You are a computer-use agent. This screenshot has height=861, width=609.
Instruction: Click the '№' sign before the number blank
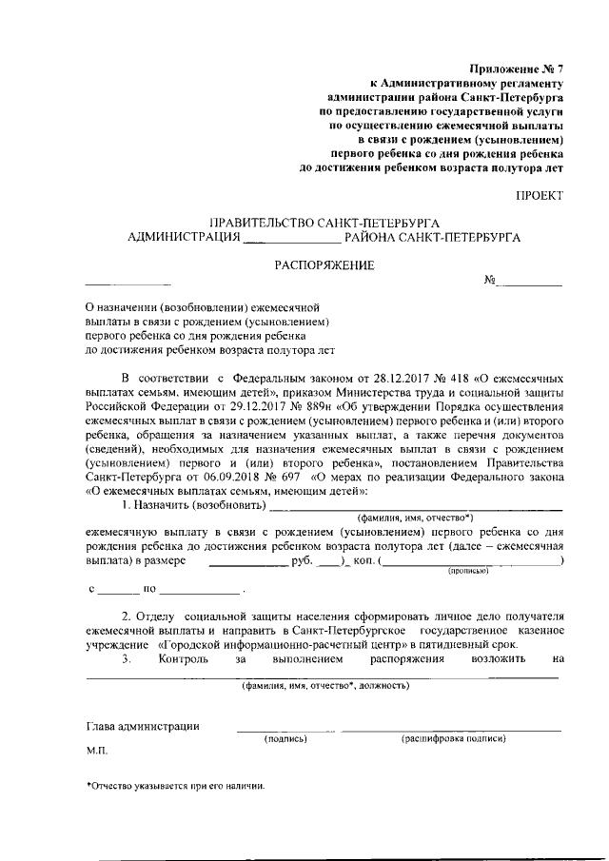click(x=492, y=282)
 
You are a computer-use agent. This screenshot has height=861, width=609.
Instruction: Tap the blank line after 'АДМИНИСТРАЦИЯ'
click(x=291, y=238)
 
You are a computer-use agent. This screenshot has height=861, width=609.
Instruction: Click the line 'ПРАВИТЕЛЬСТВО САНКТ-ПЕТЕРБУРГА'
click(x=324, y=223)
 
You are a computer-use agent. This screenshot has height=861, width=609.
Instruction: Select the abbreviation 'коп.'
click(x=363, y=562)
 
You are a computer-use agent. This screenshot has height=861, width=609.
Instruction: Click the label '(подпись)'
click(x=284, y=738)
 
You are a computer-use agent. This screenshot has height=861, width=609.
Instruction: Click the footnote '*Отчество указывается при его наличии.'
click(x=174, y=786)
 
